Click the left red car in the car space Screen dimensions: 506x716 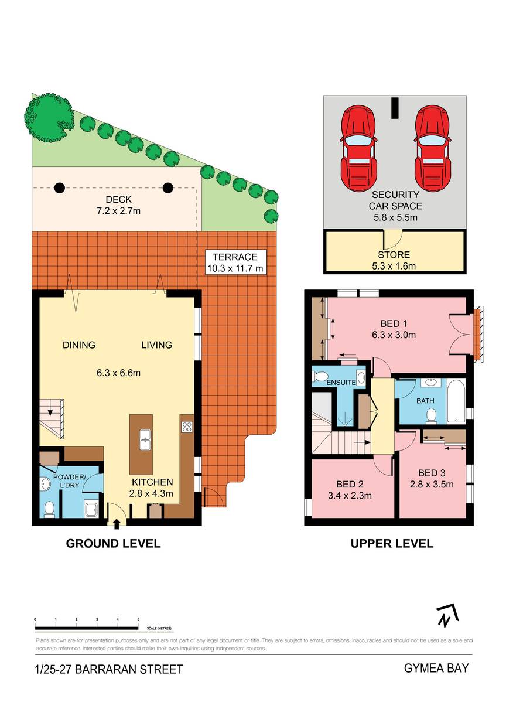tap(358, 149)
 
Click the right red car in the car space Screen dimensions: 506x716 tap(433, 149)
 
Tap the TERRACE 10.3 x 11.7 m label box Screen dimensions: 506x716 tap(235, 262)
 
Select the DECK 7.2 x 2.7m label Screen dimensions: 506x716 tap(118, 205)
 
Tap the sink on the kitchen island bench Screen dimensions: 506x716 tap(145, 439)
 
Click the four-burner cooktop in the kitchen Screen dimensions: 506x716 tap(187, 427)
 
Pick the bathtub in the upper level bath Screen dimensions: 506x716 tap(456, 401)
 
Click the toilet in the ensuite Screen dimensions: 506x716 tap(319, 376)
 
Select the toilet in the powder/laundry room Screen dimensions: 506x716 tap(49, 509)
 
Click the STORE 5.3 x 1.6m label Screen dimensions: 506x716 tap(394, 260)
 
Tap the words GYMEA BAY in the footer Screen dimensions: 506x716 tap(436, 668)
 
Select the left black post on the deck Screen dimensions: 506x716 tap(59, 187)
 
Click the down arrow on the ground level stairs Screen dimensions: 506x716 tap(50, 412)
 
